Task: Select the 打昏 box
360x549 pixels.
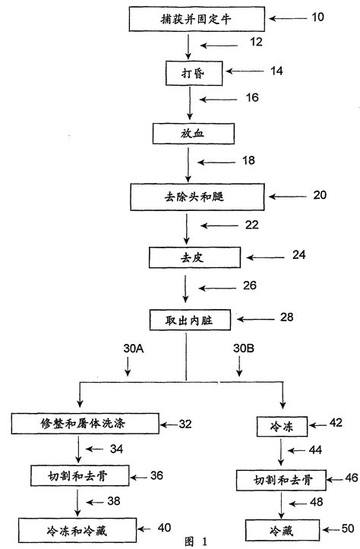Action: [187, 73]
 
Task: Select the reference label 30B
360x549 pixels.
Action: [242, 349]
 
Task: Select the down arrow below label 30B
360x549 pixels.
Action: [242, 368]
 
